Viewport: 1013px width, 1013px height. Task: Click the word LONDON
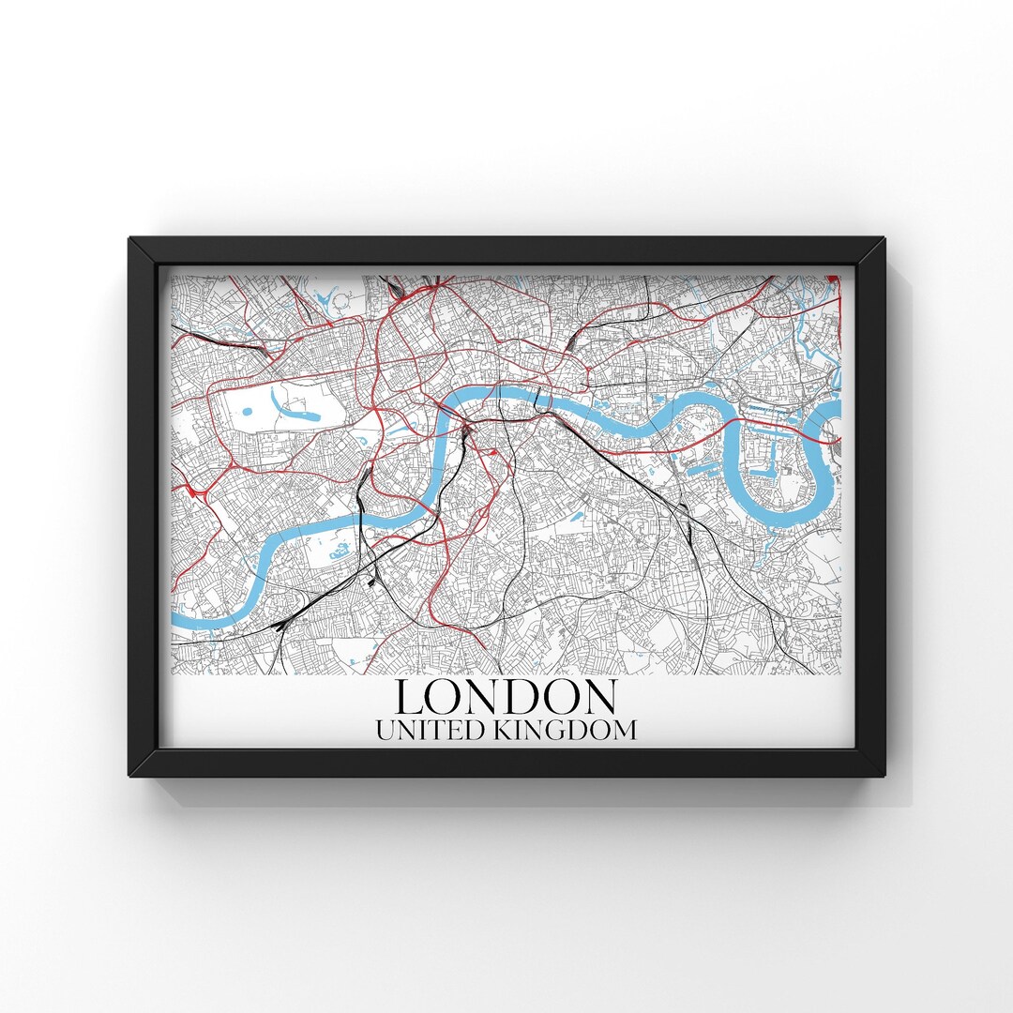click(506, 697)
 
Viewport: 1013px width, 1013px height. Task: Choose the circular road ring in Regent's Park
click(343, 301)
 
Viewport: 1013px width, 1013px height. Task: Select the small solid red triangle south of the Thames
click(491, 452)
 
